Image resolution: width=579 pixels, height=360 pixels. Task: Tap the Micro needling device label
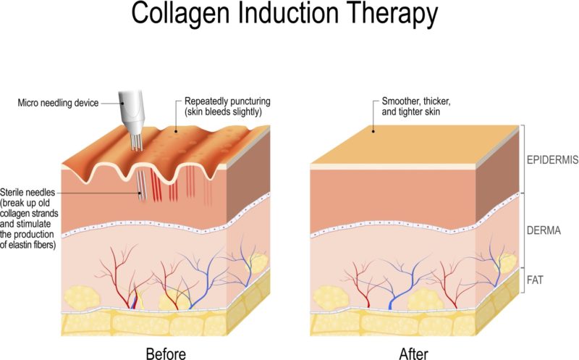pyautogui.click(x=58, y=103)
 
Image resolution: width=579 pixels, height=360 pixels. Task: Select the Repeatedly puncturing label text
pyautogui.click(x=227, y=101)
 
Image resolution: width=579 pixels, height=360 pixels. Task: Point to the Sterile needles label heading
pyautogui.click(x=28, y=192)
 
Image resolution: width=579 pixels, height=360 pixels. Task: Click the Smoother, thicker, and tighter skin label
pyautogui.click(x=416, y=106)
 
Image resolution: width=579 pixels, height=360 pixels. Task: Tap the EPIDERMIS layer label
pyautogui.click(x=552, y=160)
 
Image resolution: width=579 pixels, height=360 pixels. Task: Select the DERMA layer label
pyautogui.click(x=544, y=230)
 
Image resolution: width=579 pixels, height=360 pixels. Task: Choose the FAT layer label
pyautogui.click(x=535, y=280)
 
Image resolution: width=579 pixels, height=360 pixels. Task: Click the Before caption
pyautogui.click(x=166, y=353)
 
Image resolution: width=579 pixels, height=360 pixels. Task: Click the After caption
pyautogui.click(x=413, y=353)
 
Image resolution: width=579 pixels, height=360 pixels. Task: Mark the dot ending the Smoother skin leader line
pyautogui.click(x=373, y=131)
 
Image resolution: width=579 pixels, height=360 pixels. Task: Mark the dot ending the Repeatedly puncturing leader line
pyautogui.click(x=176, y=131)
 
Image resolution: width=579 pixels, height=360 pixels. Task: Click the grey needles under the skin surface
pyautogui.click(x=140, y=185)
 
